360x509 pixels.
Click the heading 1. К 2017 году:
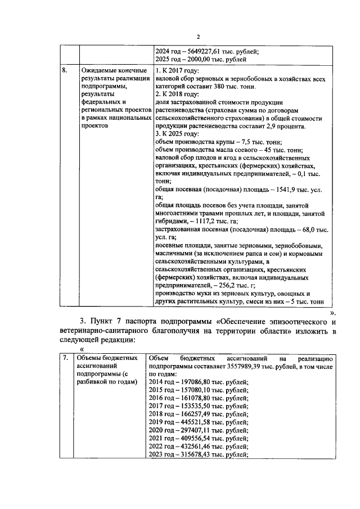point(177,70)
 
